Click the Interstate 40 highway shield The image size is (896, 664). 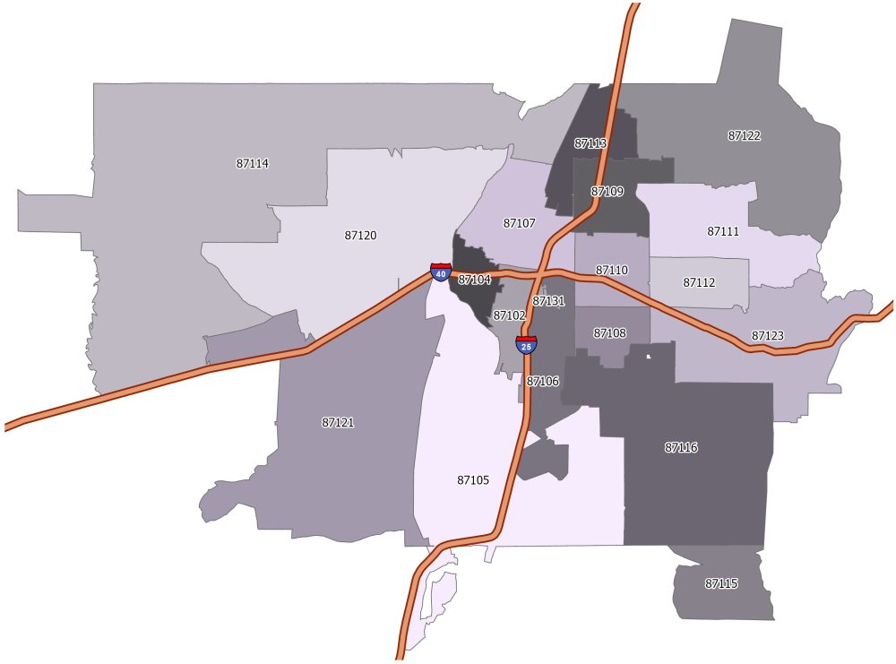[440, 273]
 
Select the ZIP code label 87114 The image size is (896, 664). [253, 164]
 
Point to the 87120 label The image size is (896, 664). [360, 236]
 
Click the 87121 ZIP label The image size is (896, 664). [338, 422]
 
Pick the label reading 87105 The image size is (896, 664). [473, 480]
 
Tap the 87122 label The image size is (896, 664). [744, 136]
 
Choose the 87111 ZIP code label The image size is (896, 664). [723, 231]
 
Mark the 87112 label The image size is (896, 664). [699, 282]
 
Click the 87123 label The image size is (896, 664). [767, 336]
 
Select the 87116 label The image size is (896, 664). [681, 447]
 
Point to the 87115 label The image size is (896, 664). [721, 583]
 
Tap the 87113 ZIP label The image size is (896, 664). [590, 143]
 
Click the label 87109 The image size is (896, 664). [607, 192]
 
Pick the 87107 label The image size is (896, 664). [519, 223]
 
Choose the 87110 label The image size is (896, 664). [612, 270]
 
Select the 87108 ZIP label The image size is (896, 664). [609, 333]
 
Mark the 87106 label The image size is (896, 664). [542, 382]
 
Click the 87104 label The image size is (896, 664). [474, 280]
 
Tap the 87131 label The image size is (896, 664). [548, 302]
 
